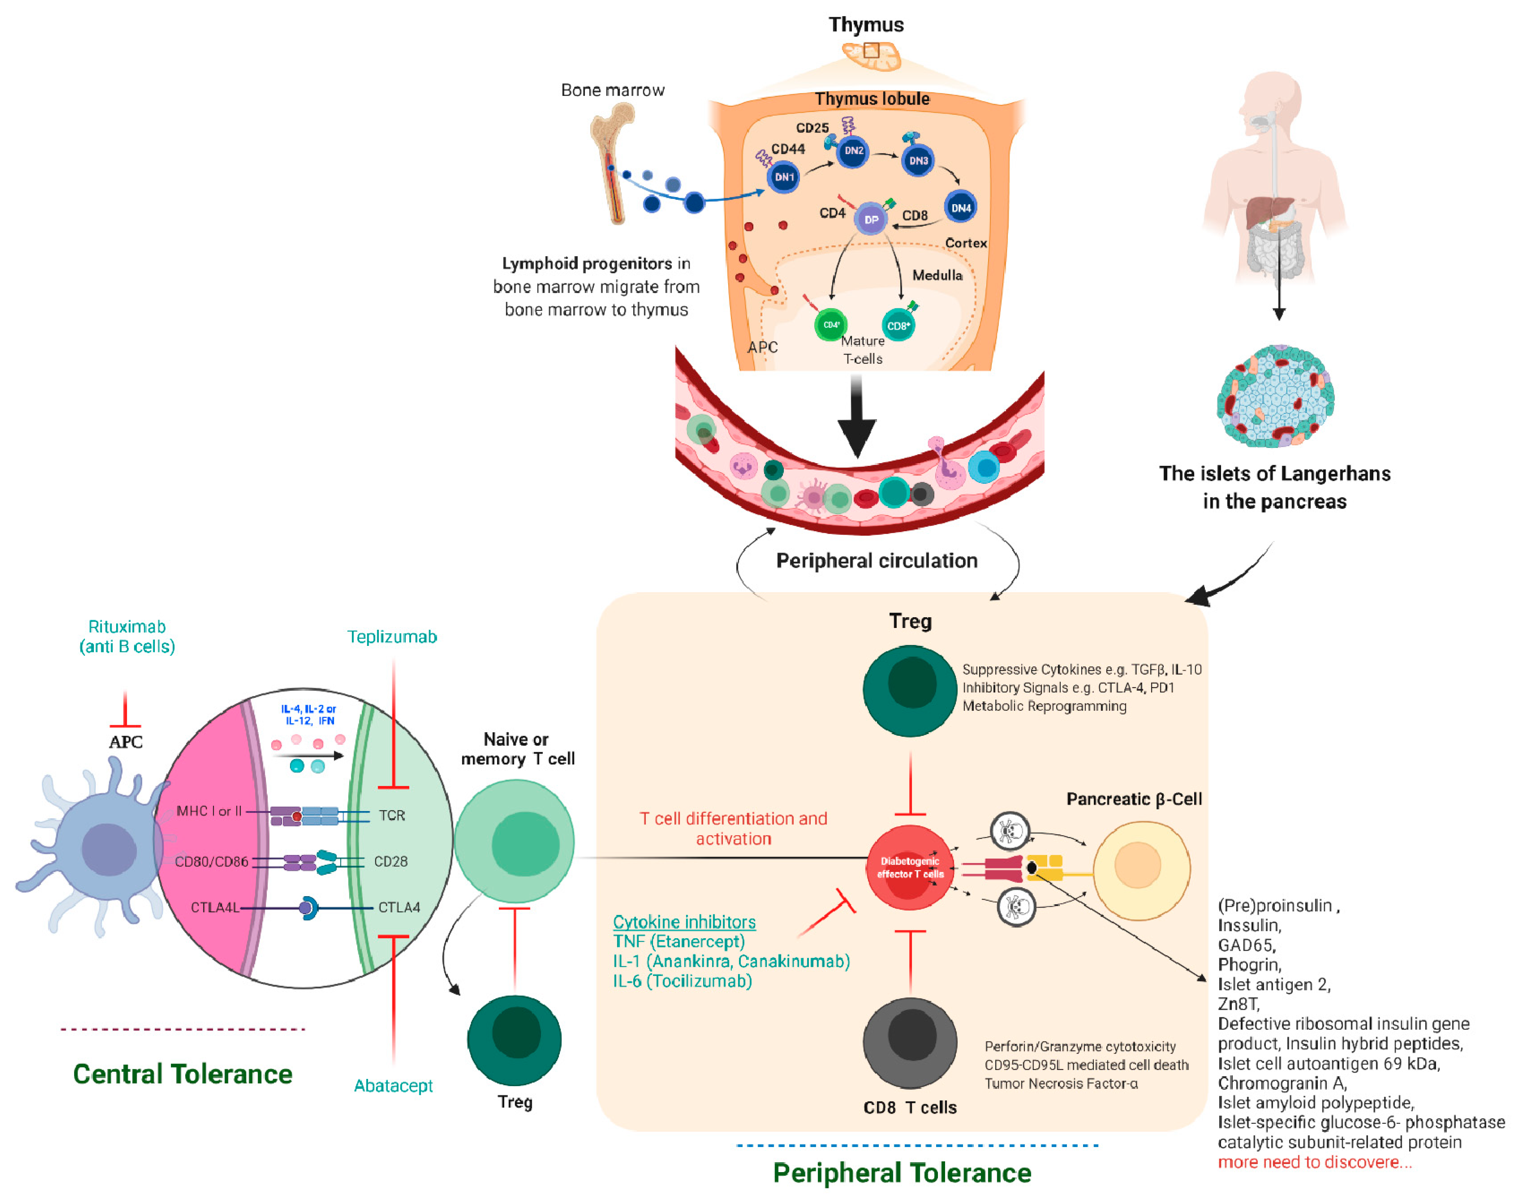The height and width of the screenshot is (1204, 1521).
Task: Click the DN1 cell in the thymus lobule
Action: (783, 177)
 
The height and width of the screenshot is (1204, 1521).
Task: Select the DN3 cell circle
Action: (917, 161)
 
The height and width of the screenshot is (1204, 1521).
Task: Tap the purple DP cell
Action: (871, 219)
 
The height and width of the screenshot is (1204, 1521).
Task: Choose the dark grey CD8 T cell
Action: (910, 1042)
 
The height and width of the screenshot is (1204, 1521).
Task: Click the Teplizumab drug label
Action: (392, 637)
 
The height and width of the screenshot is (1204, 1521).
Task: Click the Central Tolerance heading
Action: (183, 1074)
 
